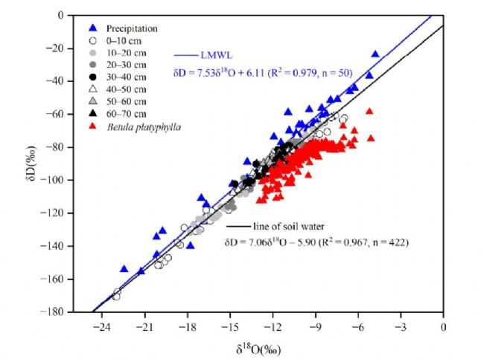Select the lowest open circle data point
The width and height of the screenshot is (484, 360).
coord(116,296)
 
